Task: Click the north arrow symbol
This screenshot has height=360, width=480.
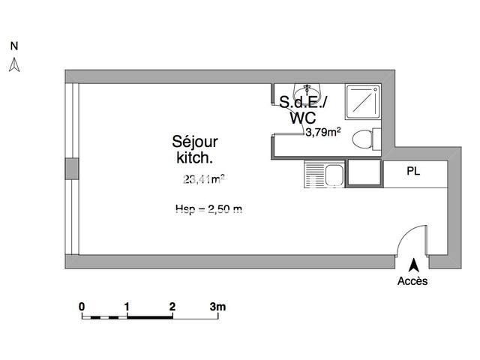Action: pos(13,66)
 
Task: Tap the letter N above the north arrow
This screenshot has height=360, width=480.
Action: pos(13,46)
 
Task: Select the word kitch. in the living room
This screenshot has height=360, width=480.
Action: pos(194,157)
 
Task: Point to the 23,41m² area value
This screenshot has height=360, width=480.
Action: pos(204,178)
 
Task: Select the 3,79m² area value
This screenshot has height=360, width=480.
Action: pos(323,133)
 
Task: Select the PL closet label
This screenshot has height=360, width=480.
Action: pos(413,171)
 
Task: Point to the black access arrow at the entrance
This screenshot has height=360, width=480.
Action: pos(412,265)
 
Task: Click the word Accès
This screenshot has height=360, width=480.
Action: pos(412,282)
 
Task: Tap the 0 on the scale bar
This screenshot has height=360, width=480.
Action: pos(82,306)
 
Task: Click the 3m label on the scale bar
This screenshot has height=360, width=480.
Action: pos(217,306)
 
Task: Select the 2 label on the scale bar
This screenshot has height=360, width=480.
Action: pos(172,306)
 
